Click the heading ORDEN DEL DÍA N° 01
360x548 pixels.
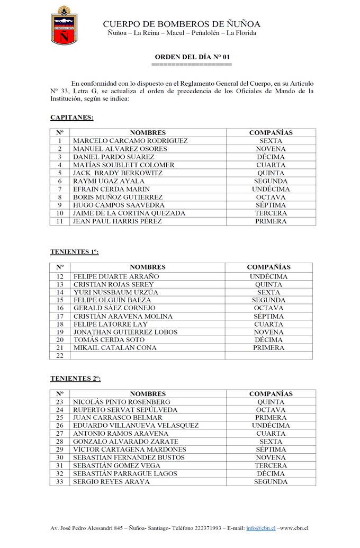coord(192,57)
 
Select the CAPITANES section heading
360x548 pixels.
coord(72,117)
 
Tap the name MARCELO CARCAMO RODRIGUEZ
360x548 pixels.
coord(130,141)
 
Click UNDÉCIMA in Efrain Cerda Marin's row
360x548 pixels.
coord(271,189)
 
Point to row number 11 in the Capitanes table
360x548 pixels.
coord(60,221)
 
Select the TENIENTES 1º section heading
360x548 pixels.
coord(74,251)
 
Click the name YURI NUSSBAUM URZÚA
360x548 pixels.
coord(116,292)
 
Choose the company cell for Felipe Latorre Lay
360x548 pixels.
coord(268,324)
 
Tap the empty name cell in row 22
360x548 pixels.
coord(147,356)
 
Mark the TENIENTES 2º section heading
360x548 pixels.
coord(75,379)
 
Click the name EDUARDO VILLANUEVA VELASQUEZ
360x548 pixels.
coord(136,426)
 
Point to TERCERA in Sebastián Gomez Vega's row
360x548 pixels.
coord(271,466)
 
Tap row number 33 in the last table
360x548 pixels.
coord(60,482)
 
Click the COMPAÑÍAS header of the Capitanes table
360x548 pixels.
coord(271,133)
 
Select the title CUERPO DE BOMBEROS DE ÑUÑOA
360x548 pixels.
coord(182,24)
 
